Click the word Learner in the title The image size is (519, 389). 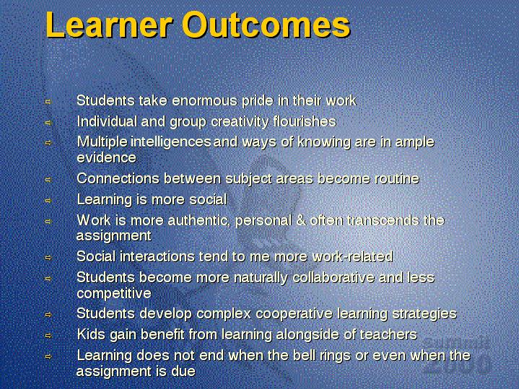[x=109, y=25]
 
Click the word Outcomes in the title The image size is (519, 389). [x=266, y=25]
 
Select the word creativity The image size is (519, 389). [x=240, y=122]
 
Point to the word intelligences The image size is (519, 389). [x=171, y=142]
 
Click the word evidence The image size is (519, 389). [x=106, y=158]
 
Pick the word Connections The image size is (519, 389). [x=118, y=179]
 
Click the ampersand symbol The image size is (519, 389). [x=301, y=221]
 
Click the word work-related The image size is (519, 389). [x=352, y=257]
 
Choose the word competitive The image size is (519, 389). [x=114, y=294]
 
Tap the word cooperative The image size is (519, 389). [x=294, y=314]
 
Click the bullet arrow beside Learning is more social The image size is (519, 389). [x=48, y=201]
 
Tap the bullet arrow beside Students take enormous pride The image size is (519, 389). [x=48, y=102]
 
